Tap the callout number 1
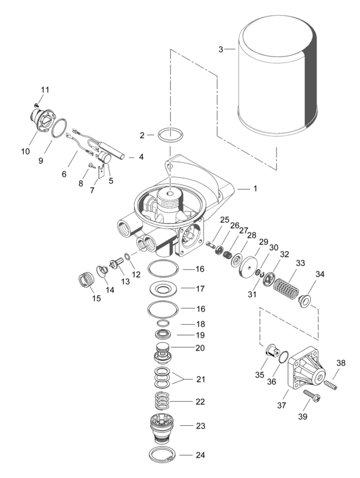[254, 189]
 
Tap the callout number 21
[200, 379]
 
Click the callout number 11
[44, 89]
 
